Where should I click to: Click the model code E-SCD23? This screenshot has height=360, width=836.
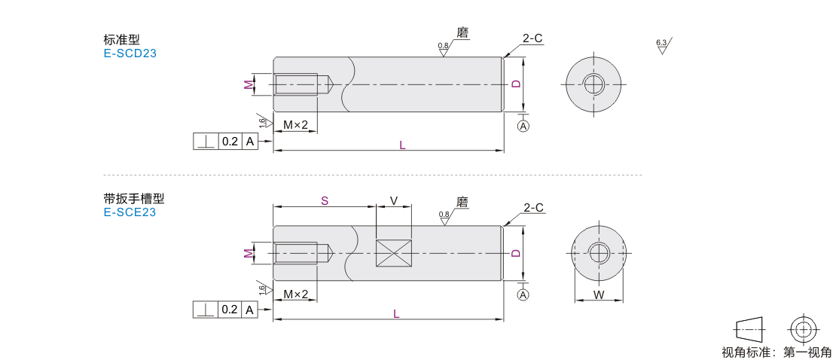(130, 53)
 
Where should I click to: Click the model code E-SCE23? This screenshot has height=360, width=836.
(130, 212)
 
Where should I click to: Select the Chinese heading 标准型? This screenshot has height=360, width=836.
(121, 40)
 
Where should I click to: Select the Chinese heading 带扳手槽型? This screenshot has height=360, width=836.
(133, 199)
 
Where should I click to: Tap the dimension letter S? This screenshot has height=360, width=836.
(324, 200)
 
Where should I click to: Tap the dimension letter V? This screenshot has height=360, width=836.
(394, 200)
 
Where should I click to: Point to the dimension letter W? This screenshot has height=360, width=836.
(599, 295)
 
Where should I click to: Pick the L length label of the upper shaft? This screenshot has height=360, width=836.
(402, 145)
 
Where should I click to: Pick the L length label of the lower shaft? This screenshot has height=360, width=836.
(396, 313)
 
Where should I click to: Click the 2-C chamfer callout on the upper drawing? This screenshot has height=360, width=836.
(532, 38)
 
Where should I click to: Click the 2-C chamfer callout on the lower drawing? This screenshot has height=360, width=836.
(533, 207)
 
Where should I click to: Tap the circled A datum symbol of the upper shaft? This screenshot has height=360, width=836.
(523, 126)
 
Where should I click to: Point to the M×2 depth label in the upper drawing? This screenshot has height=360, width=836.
(295, 125)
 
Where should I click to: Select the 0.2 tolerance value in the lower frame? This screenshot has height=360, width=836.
(230, 310)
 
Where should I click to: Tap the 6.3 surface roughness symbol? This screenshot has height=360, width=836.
(662, 44)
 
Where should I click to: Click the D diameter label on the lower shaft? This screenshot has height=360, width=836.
(516, 253)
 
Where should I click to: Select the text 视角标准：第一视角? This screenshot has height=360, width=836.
(777, 352)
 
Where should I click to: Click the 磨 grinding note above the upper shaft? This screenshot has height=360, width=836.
(463, 33)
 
